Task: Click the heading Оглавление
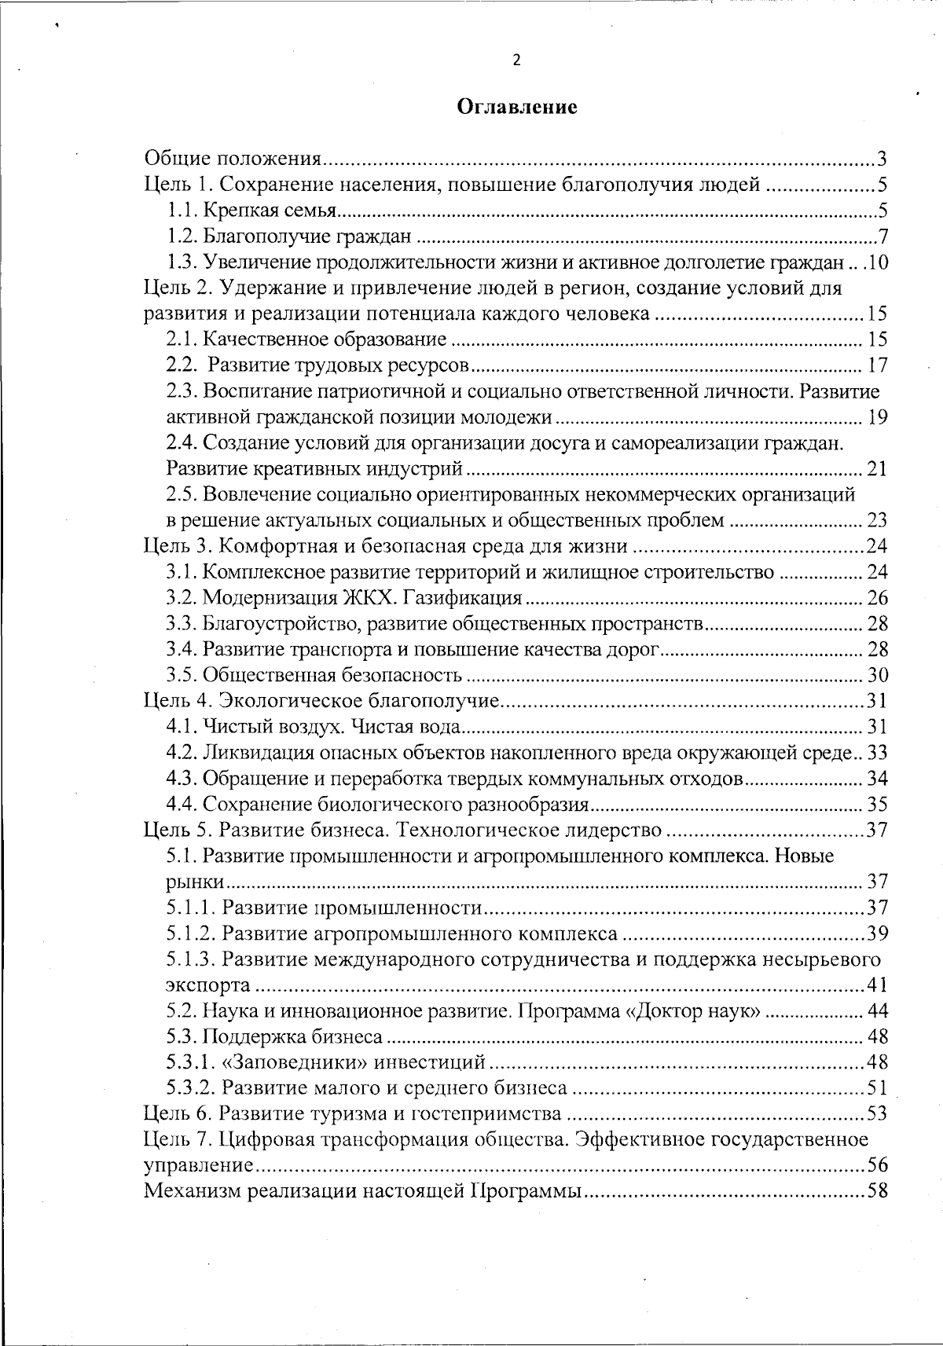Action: click(517, 108)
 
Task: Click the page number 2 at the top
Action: click(516, 61)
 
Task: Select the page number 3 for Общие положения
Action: click(882, 160)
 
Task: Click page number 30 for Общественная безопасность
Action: click(877, 675)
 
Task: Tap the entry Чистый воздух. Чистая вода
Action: click(331, 727)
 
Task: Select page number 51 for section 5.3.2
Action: click(877, 1088)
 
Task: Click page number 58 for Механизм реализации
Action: click(877, 1191)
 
